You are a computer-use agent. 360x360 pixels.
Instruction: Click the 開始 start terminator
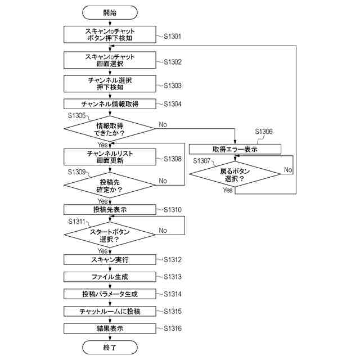110,12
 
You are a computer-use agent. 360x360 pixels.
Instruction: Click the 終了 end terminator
110,347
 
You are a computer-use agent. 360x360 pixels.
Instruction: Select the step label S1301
173,36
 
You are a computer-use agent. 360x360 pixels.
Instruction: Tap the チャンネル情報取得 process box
110,104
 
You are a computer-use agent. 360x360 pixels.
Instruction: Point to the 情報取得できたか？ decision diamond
110,129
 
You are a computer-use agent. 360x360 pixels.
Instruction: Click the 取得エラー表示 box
235,149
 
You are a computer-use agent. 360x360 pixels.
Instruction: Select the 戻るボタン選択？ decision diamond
235,174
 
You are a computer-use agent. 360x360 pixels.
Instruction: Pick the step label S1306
264,132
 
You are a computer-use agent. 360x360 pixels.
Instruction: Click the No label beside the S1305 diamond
163,125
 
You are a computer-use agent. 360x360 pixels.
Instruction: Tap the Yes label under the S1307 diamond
227,190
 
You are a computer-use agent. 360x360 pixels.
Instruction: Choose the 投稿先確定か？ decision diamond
110,185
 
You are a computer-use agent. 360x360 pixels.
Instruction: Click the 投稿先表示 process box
110,210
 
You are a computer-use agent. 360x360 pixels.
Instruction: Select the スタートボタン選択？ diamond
110,235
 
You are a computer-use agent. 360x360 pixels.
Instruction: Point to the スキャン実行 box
110,260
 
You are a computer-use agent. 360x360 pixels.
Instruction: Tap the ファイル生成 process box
110,277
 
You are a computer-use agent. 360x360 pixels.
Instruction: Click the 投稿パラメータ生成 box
110,294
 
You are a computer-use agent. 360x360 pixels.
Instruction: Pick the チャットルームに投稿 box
110,311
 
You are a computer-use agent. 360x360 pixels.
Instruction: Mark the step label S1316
173,328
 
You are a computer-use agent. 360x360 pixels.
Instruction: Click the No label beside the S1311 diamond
163,231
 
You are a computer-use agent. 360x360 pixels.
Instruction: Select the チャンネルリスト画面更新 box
110,157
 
